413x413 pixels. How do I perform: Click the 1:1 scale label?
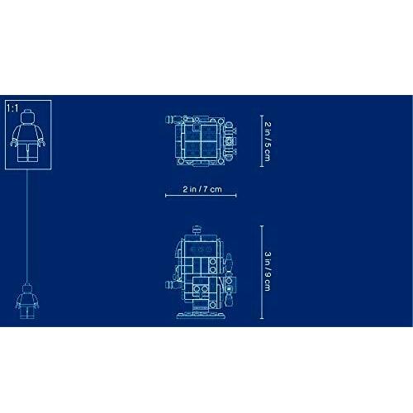click(x=12, y=108)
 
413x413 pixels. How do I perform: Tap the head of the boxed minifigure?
click(x=27, y=116)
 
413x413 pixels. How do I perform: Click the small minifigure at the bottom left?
click(x=27, y=301)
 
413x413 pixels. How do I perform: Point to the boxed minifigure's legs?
click(x=27, y=152)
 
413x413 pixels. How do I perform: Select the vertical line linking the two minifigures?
click(x=27, y=226)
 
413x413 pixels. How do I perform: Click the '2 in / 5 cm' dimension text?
click(x=268, y=141)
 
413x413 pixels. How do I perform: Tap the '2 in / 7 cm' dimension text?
click(x=202, y=189)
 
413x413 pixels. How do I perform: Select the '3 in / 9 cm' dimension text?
click(x=268, y=271)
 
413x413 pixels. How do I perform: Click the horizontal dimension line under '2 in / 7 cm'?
click(x=201, y=196)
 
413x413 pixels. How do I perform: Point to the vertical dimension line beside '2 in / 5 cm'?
click(x=262, y=141)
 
